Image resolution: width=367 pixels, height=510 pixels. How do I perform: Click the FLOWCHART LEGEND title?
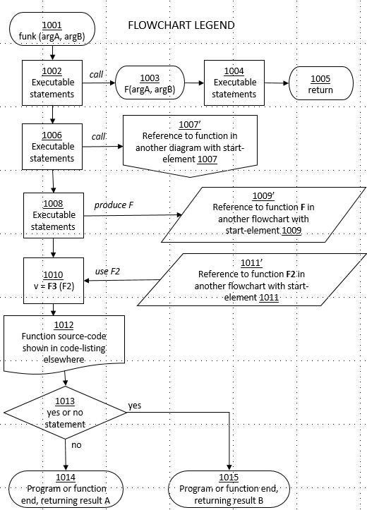click(181, 26)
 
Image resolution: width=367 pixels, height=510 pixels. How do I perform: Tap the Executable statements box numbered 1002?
click(53, 83)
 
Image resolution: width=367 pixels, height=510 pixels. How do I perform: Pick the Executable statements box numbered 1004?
click(234, 83)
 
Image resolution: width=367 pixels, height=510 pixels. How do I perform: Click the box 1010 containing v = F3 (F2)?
click(54, 279)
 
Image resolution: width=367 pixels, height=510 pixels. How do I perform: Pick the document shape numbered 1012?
click(64, 342)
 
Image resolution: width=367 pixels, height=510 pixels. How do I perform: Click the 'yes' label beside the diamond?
click(134, 406)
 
